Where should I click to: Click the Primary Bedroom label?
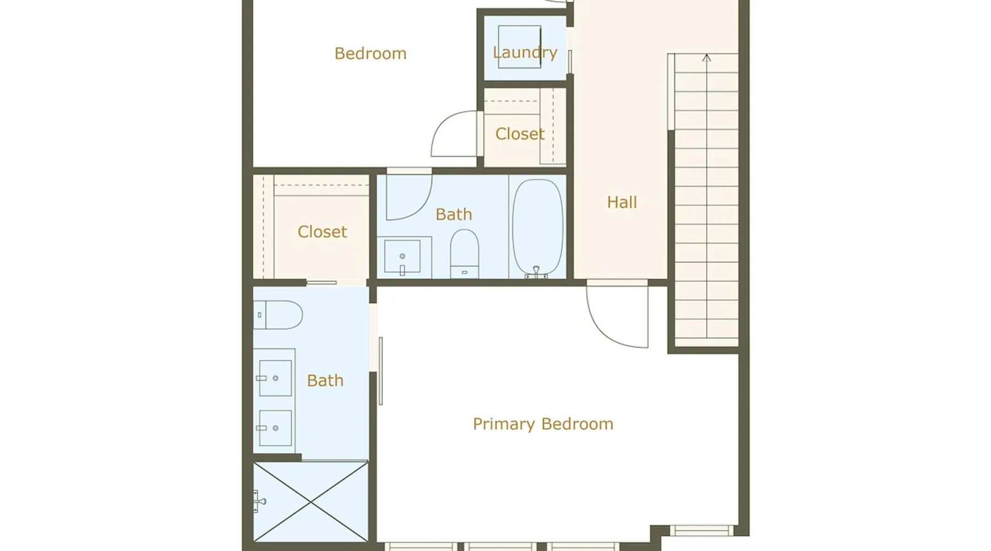click(543, 424)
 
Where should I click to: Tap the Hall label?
click(622, 202)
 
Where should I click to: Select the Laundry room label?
click(525, 53)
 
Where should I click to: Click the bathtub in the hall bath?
click(537, 227)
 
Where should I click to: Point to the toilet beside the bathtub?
click(465, 253)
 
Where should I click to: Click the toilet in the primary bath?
click(278, 315)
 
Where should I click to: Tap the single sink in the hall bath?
click(402, 256)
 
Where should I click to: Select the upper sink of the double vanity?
click(275, 378)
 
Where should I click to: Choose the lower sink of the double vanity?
click(275, 428)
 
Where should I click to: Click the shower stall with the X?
click(311, 502)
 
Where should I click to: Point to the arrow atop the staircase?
click(706, 58)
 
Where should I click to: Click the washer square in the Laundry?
click(519, 47)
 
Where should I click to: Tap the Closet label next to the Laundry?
click(520, 134)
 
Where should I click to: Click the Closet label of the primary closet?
click(322, 232)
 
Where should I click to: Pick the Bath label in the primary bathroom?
click(325, 381)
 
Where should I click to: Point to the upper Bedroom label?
click(371, 53)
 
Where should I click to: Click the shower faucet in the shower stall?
click(259, 501)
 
